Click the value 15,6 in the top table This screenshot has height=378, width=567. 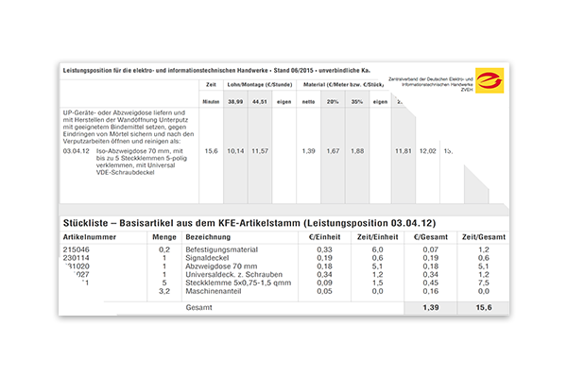(211, 150)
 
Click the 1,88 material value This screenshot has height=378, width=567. (357, 150)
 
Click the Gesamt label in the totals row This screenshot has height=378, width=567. (199, 309)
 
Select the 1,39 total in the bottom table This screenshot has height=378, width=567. (431, 309)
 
